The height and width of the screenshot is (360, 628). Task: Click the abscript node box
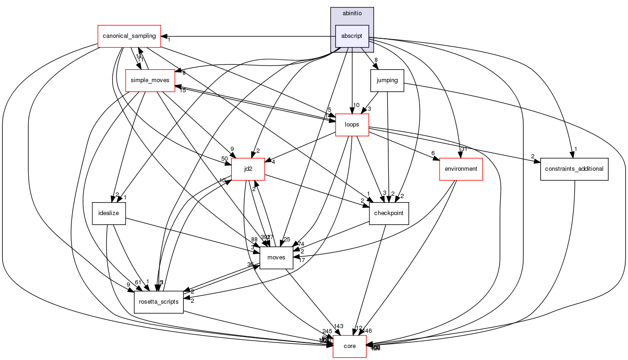coord(352,36)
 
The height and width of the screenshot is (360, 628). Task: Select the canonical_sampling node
coord(129,36)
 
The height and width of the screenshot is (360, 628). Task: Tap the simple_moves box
coord(150,80)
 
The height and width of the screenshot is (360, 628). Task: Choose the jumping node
coord(387,80)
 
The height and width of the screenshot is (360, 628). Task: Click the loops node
coord(352,125)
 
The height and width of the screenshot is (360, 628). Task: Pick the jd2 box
coord(248,169)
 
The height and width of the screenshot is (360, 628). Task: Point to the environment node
coord(460,169)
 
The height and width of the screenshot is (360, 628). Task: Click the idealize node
coord(109,213)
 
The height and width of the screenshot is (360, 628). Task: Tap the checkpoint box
coord(389,213)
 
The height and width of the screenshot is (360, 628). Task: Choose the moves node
coord(276,258)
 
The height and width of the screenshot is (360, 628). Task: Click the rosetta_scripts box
coord(159,302)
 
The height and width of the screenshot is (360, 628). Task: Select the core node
coord(350,346)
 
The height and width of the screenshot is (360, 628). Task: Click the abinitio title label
coord(352,13)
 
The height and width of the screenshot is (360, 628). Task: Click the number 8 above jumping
coord(376,60)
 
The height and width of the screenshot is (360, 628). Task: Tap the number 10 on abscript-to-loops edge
coord(356,104)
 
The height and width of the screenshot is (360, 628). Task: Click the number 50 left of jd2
coord(224,159)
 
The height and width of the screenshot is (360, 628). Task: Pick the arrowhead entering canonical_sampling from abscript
coord(164,36)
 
